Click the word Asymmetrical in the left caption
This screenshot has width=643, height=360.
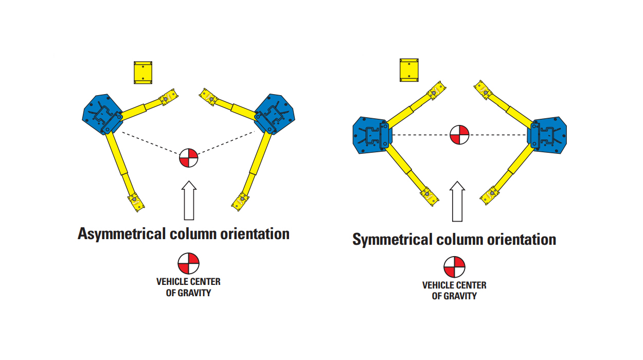click(121, 234)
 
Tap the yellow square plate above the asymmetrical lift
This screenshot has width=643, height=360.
click(144, 73)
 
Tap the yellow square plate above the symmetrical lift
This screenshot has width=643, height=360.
click(409, 69)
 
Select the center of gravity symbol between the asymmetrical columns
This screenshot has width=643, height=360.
click(188, 158)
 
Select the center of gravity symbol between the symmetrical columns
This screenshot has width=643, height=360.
click(459, 135)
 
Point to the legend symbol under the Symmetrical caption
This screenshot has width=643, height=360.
click(454, 267)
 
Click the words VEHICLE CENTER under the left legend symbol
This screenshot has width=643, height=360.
click(188, 282)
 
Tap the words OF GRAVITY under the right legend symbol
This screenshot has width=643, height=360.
click(454, 296)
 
